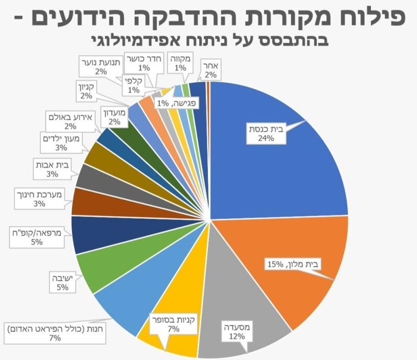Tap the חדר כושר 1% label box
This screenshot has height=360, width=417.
(144, 63)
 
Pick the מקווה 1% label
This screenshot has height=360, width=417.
(180, 63)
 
